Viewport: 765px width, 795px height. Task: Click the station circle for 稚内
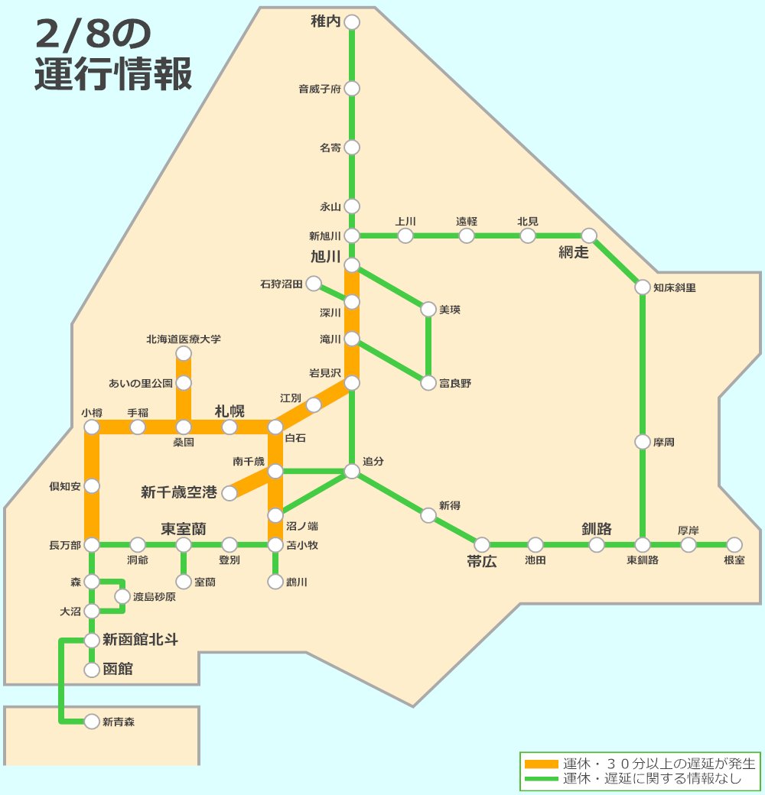[x=352, y=22]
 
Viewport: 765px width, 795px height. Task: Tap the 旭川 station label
[x=325, y=257]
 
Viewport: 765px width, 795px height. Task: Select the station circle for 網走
[x=589, y=235]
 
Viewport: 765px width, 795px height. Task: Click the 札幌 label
[x=229, y=411]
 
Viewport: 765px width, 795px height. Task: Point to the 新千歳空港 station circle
[x=229, y=493]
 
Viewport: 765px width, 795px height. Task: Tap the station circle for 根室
[x=734, y=544]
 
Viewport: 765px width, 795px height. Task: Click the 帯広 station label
[x=482, y=562]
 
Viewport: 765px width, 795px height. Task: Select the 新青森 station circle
[x=92, y=721]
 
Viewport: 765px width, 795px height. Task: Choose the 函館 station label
[x=118, y=670]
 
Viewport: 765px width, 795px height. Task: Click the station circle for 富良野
[x=428, y=383]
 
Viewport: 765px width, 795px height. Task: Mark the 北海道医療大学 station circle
[x=184, y=353]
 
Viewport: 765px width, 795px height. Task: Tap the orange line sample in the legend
[x=542, y=764]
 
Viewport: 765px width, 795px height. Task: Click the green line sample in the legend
[x=542, y=779]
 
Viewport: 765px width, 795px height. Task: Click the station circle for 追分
[x=352, y=472]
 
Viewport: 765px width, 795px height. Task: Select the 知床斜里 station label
[x=675, y=288]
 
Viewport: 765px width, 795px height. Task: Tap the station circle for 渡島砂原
[x=122, y=596]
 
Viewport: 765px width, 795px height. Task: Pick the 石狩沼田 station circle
[x=314, y=284]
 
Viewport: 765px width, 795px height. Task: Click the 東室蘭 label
[x=184, y=529]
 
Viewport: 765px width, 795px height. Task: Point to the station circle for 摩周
[x=643, y=442]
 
